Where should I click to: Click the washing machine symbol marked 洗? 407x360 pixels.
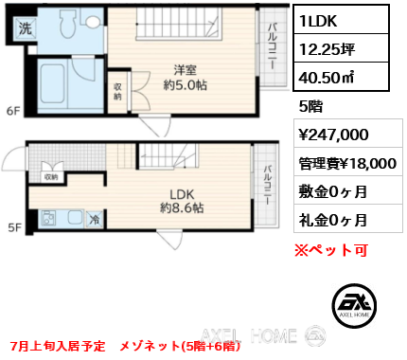(x=26, y=29)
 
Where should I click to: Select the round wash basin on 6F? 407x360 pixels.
(x=93, y=22)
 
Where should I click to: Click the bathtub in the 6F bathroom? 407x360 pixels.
(x=53, y=84)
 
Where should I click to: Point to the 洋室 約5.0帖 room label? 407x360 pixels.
(x=186, y=78)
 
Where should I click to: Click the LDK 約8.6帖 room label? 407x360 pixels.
(x=182, y=201)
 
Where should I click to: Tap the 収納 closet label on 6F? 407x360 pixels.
(x=117, y=92)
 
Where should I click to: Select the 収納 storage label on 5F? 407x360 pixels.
(x=51, y=177)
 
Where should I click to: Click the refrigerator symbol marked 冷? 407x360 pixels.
(x=95, y=219)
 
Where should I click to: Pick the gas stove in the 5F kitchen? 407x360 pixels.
(x=49, y=218)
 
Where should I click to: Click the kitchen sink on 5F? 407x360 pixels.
(x=76, y=218)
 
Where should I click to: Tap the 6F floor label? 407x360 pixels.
(x=13, y=111)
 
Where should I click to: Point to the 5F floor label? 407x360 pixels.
(x=15, y=227)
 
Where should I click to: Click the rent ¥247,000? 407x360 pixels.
(x=333, y=135)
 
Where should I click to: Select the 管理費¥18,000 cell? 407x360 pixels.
(x=348, y=164)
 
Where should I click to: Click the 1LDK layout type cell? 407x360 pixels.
(x=341, y=20)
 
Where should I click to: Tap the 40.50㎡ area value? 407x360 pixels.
(x=327, y=78)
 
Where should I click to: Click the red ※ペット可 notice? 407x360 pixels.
(x=331, y=250)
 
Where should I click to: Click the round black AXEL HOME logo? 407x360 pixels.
(x=354, y=305)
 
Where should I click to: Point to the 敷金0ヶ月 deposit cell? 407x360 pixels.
(x=348, y=191)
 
